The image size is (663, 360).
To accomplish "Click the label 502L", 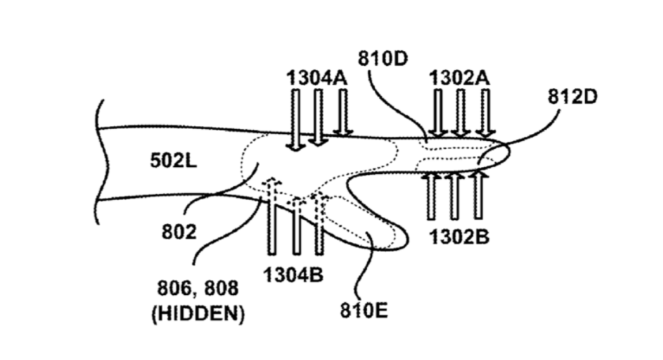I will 174,160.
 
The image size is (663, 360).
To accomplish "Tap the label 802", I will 179,232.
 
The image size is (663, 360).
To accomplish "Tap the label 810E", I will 363,312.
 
